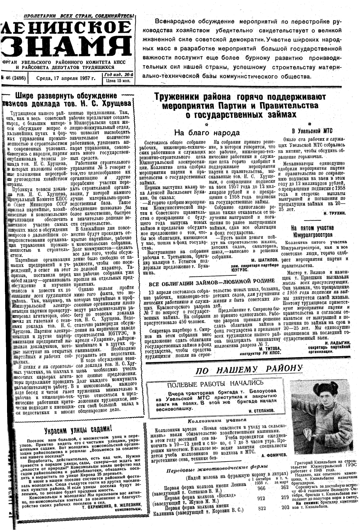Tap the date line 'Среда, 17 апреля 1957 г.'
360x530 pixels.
point(65,78)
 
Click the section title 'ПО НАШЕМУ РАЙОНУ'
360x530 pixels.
point(249,370)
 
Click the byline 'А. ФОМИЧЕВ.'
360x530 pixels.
point(274,455)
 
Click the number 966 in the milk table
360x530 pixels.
point(261,488)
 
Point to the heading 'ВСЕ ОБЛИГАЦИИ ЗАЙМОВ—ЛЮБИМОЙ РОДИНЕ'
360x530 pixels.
point(211,280)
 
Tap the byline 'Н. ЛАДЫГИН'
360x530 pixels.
point(337,343)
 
